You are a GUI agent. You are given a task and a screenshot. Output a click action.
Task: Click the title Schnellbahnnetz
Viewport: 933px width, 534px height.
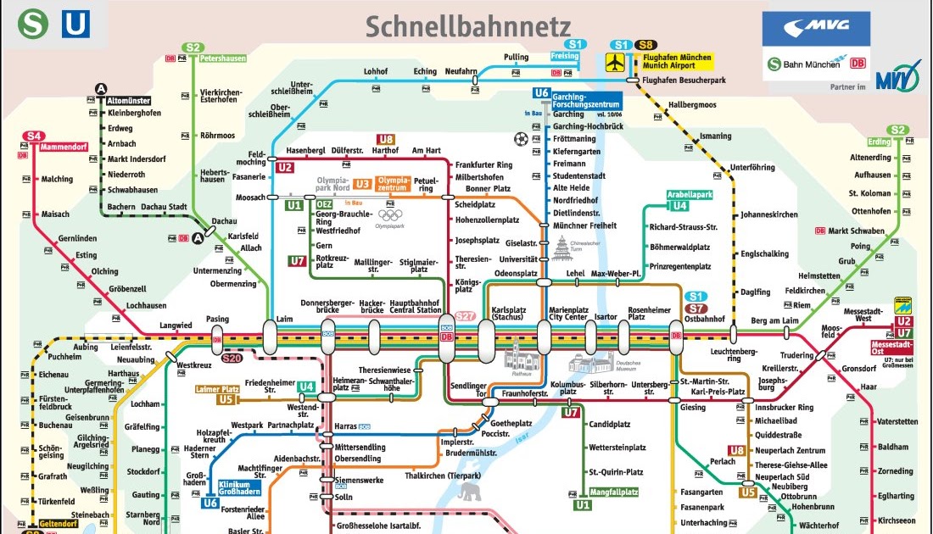pos(467,25)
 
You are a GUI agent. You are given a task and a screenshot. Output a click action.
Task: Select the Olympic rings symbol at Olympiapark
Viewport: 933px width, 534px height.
pos(390,214)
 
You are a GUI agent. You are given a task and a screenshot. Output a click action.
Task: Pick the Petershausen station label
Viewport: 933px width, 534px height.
pos(223,58)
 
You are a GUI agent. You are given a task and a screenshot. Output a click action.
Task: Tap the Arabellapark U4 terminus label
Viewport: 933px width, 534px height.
pos(690,194)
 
